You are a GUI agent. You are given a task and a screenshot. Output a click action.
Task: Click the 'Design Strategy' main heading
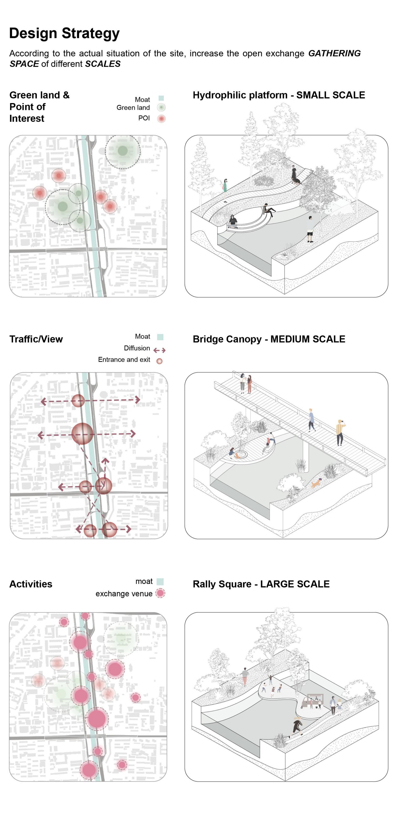point(64,33)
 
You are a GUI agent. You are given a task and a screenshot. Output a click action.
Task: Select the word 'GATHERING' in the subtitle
point(334,53)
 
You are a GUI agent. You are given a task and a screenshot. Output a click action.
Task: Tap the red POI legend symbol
point(161,119)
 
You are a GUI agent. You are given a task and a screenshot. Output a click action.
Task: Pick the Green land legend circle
point(161,108)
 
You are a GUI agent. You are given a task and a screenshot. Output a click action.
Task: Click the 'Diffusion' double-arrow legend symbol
point(159,350)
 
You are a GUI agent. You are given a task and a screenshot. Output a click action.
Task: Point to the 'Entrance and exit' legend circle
point(160,361)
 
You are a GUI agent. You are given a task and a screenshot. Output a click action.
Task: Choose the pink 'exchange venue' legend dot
point(160,593)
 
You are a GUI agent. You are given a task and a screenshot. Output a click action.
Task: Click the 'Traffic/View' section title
point(36,339)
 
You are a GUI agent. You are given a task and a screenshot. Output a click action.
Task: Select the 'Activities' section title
point(31,584)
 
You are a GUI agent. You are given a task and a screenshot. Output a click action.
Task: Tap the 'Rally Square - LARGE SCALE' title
point(261,584)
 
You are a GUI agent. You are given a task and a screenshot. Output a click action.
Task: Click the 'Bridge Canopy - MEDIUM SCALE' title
point(269,339)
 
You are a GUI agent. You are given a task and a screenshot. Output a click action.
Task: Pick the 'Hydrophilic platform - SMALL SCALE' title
point(279,95)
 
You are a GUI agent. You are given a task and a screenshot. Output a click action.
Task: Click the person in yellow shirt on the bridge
point(340,432)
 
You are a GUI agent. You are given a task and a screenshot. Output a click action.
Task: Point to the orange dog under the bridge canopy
point(315,483)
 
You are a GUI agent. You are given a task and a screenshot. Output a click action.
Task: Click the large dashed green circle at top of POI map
point(122,151)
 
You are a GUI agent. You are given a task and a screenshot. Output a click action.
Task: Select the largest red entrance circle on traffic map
point(82,434)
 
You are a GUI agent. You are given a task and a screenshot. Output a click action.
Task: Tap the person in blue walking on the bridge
point(311,420)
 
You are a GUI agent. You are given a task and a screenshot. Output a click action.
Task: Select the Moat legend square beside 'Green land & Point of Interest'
point(161,98)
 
